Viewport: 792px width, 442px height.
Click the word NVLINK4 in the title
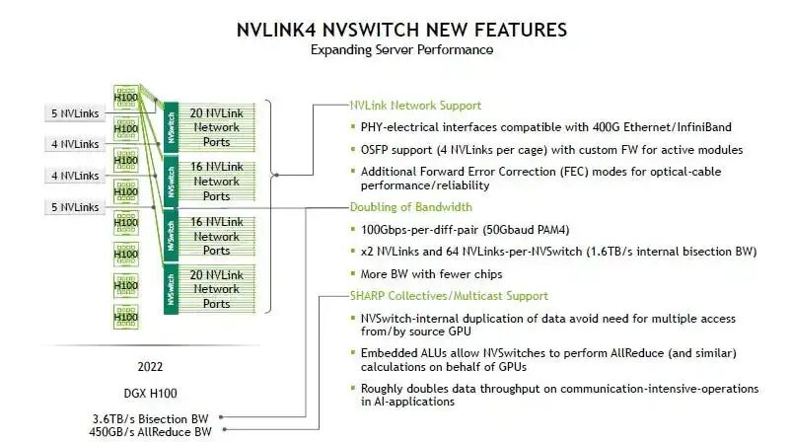276,30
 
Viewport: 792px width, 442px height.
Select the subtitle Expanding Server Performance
401,50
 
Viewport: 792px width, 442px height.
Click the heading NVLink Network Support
415,106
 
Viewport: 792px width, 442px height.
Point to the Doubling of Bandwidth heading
410,207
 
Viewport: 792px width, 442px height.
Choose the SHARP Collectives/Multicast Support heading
449,296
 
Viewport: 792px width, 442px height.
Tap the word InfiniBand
704,127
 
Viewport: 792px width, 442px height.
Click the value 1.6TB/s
611,252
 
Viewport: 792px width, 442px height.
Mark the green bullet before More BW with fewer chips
353,273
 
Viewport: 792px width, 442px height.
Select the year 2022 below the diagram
150,367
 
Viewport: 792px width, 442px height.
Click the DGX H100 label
150,394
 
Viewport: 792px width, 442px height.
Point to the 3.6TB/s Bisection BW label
151,418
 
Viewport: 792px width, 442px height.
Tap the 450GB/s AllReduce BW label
150,432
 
